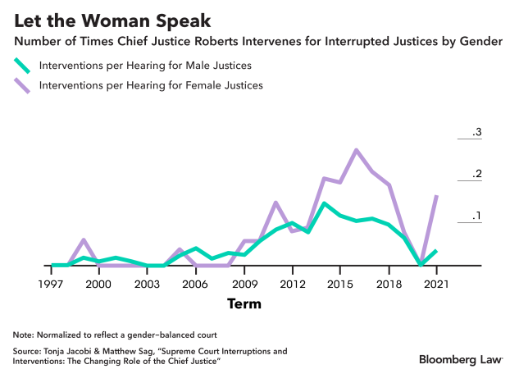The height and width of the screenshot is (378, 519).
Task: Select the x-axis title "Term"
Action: pos(244,304)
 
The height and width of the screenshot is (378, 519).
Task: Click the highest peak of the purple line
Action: pos(356,150)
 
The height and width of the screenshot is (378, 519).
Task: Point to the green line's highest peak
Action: pos(324,203)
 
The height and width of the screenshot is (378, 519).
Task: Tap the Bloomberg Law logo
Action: pos(462,359)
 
